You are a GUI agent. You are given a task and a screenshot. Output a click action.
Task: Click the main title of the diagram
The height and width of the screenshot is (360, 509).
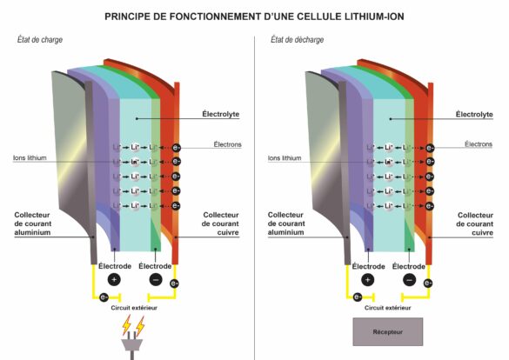click(x=254, y=16)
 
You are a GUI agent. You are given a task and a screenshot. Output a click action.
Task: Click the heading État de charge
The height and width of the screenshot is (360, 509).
click(x=40, y=40)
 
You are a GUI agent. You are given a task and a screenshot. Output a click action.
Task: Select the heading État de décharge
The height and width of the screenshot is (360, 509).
click(x=297, y=40)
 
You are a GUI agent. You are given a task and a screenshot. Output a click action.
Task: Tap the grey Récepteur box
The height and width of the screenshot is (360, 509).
click(x=387, y=331)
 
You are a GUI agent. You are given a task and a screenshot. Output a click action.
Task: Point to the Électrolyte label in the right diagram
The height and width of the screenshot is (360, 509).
click(x=478, y=113)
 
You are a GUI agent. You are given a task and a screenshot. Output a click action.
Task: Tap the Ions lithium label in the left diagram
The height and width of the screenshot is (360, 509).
click(x=30, y=159)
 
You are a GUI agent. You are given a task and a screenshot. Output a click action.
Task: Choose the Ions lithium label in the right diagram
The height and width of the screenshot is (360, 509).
click(x=287, y=159)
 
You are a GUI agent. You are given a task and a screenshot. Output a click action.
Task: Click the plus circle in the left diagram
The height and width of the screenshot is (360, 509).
click(x=114, y=280)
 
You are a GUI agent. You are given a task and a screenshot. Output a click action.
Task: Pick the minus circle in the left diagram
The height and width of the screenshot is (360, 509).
click(x=154, y=280)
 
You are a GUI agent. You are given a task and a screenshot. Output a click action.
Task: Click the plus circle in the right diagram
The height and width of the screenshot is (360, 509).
click(x=368, y=280)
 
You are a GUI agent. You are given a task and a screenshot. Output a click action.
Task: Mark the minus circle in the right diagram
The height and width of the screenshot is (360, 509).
click(x=408, y=280)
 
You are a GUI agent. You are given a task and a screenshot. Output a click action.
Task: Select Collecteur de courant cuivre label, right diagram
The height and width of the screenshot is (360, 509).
click(x=478, y=224)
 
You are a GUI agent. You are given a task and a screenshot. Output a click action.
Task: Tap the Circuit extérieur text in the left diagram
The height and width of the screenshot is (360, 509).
click(x=134, y=308)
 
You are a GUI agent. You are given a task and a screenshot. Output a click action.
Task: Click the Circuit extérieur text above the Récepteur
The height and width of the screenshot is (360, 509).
click(x=388, y=308)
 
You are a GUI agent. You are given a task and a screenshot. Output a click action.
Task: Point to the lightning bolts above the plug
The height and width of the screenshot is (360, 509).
click(x=133, y=325)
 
